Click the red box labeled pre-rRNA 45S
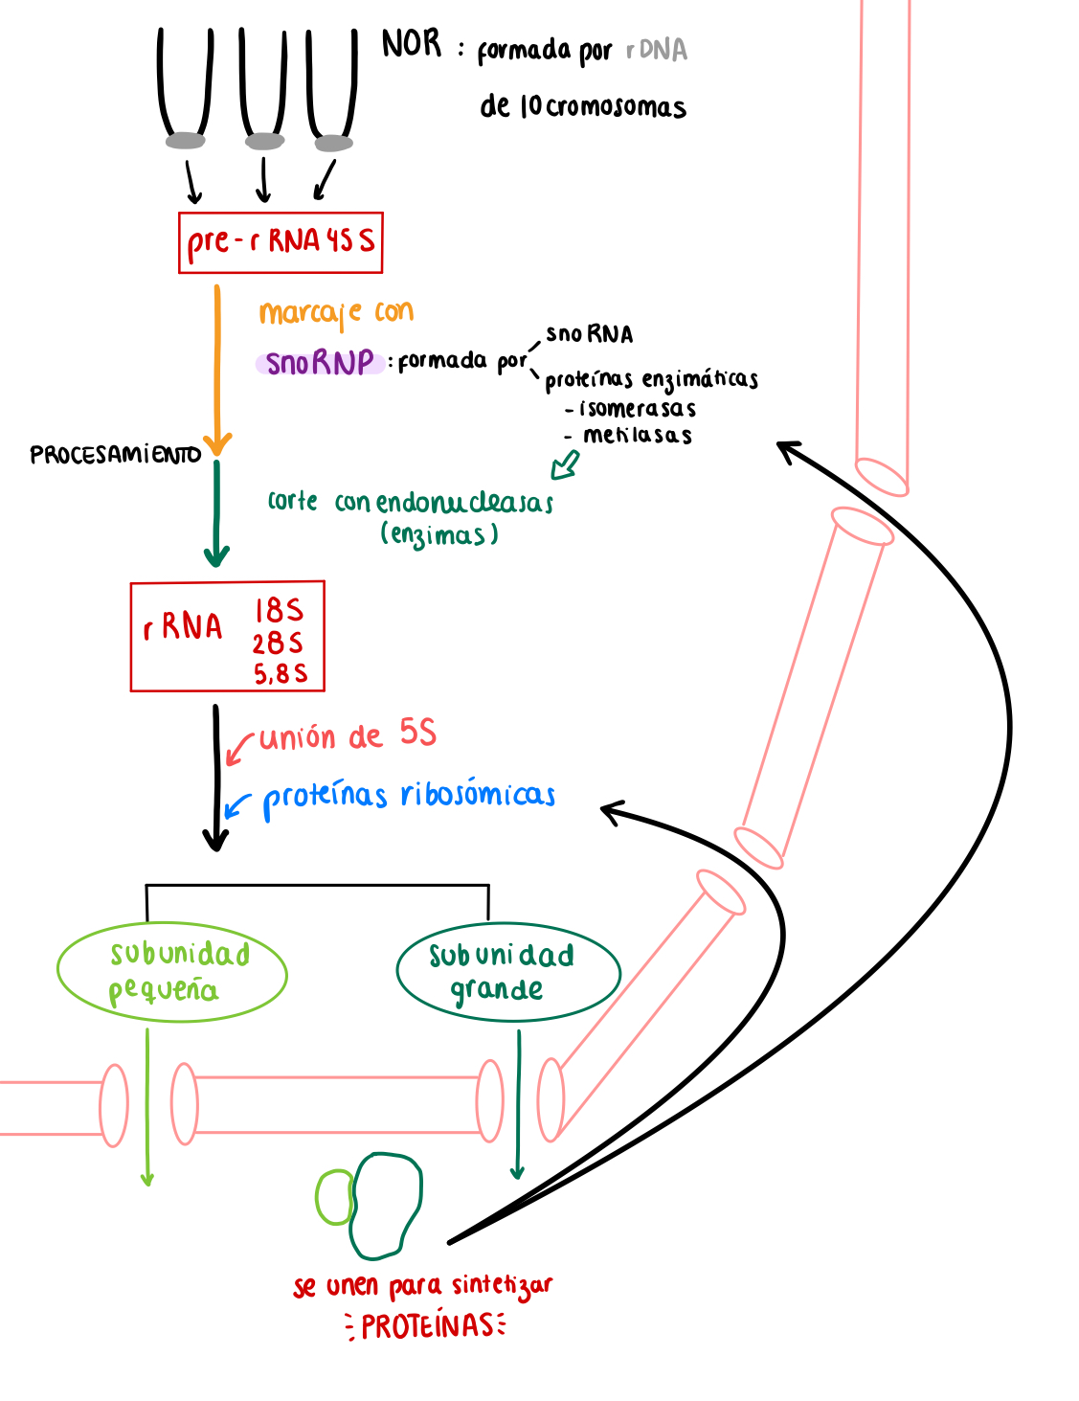281,242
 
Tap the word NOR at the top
412,44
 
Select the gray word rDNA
657,50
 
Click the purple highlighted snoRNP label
320,363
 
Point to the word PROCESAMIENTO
115,455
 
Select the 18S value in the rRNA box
279,611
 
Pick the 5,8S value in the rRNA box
281,674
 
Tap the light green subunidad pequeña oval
172,972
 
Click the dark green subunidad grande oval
507,972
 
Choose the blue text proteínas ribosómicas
409,796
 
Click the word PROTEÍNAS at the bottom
427,1326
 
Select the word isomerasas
638,409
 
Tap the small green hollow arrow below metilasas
565,465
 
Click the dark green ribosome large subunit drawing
386,1205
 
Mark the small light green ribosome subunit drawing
333,1197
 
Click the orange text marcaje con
336,312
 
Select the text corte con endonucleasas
411,502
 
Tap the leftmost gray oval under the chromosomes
185,142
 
